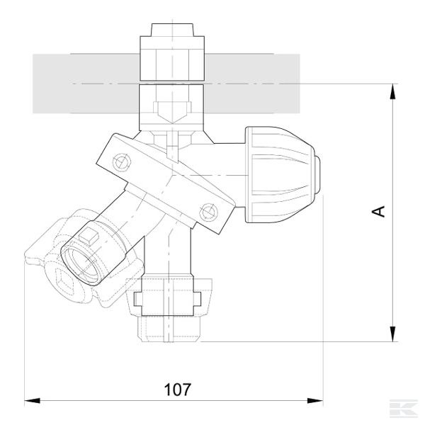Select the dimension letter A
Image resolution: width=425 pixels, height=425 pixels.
pos(379,211)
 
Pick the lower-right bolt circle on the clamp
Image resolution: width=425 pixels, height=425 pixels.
pos(208,210)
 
